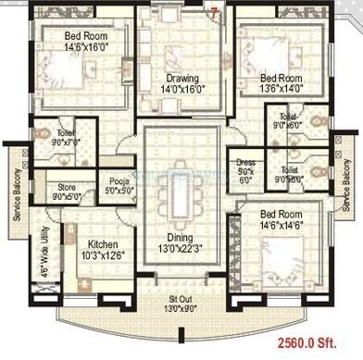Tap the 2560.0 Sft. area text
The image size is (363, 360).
[x=325, y=341]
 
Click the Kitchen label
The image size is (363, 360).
[x=92, y=249]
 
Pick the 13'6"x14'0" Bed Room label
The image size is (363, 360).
[x=282, y=83]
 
